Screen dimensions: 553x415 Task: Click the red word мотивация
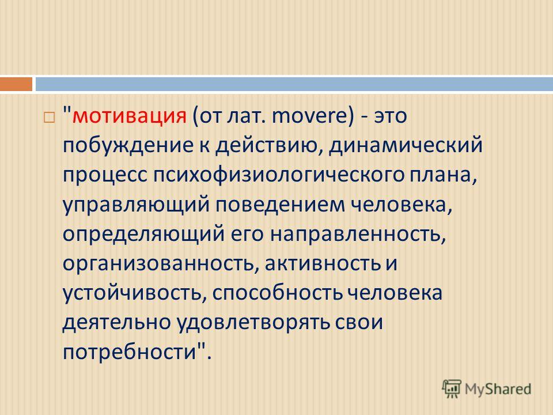[130, 116]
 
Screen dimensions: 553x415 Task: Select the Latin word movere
[310, 116]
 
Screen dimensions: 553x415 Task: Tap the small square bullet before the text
[50, 118]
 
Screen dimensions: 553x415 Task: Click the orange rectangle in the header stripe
[16, 84]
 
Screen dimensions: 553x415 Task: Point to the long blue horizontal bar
[294, 84]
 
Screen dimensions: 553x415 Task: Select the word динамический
[406, 146]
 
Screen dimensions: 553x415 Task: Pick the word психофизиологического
[278, 176]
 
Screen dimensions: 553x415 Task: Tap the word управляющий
[136, 205]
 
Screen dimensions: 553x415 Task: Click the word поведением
[280, 205]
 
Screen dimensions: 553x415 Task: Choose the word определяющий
[144, 235]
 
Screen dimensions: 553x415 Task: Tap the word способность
[278, 293]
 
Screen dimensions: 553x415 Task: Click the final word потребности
[130, 352]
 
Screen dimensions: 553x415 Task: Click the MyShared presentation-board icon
[452, 389]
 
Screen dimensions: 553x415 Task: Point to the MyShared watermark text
[498, 389]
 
